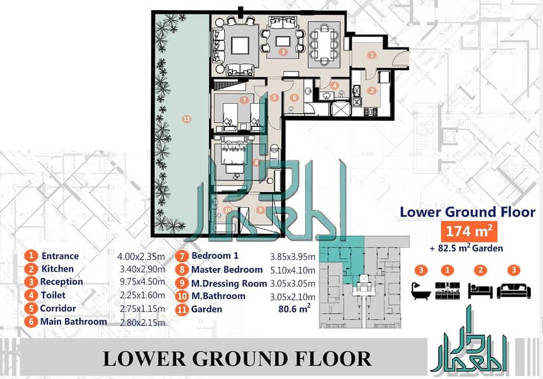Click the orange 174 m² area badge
469,231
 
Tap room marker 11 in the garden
187,119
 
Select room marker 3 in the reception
283,52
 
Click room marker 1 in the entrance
372,55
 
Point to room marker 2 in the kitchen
372,91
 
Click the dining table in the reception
324,44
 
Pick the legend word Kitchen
57,269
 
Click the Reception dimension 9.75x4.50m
142,282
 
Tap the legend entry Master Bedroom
227,270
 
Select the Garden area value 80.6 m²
294,309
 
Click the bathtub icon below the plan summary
421,291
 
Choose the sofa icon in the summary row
514,291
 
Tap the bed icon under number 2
480,291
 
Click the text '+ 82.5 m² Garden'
466,248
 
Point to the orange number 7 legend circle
182,256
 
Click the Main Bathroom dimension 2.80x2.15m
142,323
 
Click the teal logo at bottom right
468,340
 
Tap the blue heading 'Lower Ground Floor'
467,212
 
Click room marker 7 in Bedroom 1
244,100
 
